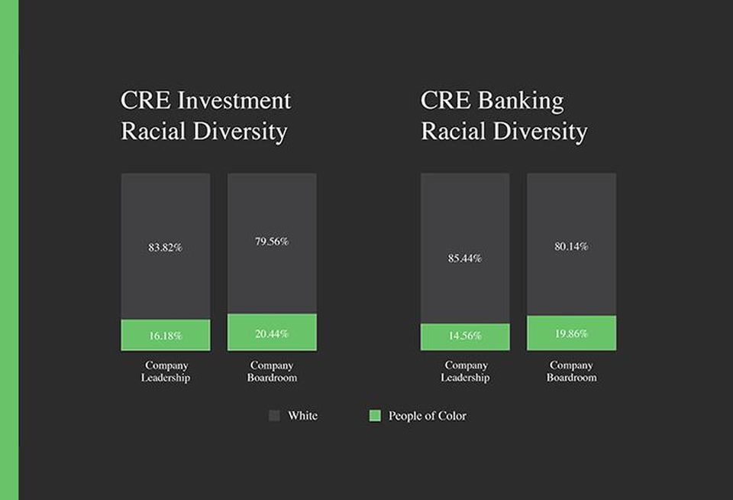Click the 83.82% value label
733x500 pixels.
(165, 247)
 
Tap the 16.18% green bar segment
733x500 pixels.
(166, 335)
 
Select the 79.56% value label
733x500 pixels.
(272, 242)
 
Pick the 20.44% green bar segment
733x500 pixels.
(272, 333)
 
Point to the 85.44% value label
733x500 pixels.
(465, 258)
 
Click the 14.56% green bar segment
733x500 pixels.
(465, 337)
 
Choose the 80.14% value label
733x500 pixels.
(571, 247)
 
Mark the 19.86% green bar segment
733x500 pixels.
(571, 333)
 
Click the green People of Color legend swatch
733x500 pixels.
(375, 416)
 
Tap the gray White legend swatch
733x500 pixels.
(274, 416)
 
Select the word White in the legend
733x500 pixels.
(302, 416)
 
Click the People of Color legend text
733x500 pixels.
(428, 416)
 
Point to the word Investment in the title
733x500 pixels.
(234, 101)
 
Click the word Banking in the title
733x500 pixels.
(521, 102)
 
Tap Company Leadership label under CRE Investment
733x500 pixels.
(166, 372)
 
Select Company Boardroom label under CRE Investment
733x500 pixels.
(272, 372)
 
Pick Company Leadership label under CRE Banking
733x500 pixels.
(466, 372)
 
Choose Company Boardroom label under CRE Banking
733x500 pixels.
(572, 372)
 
